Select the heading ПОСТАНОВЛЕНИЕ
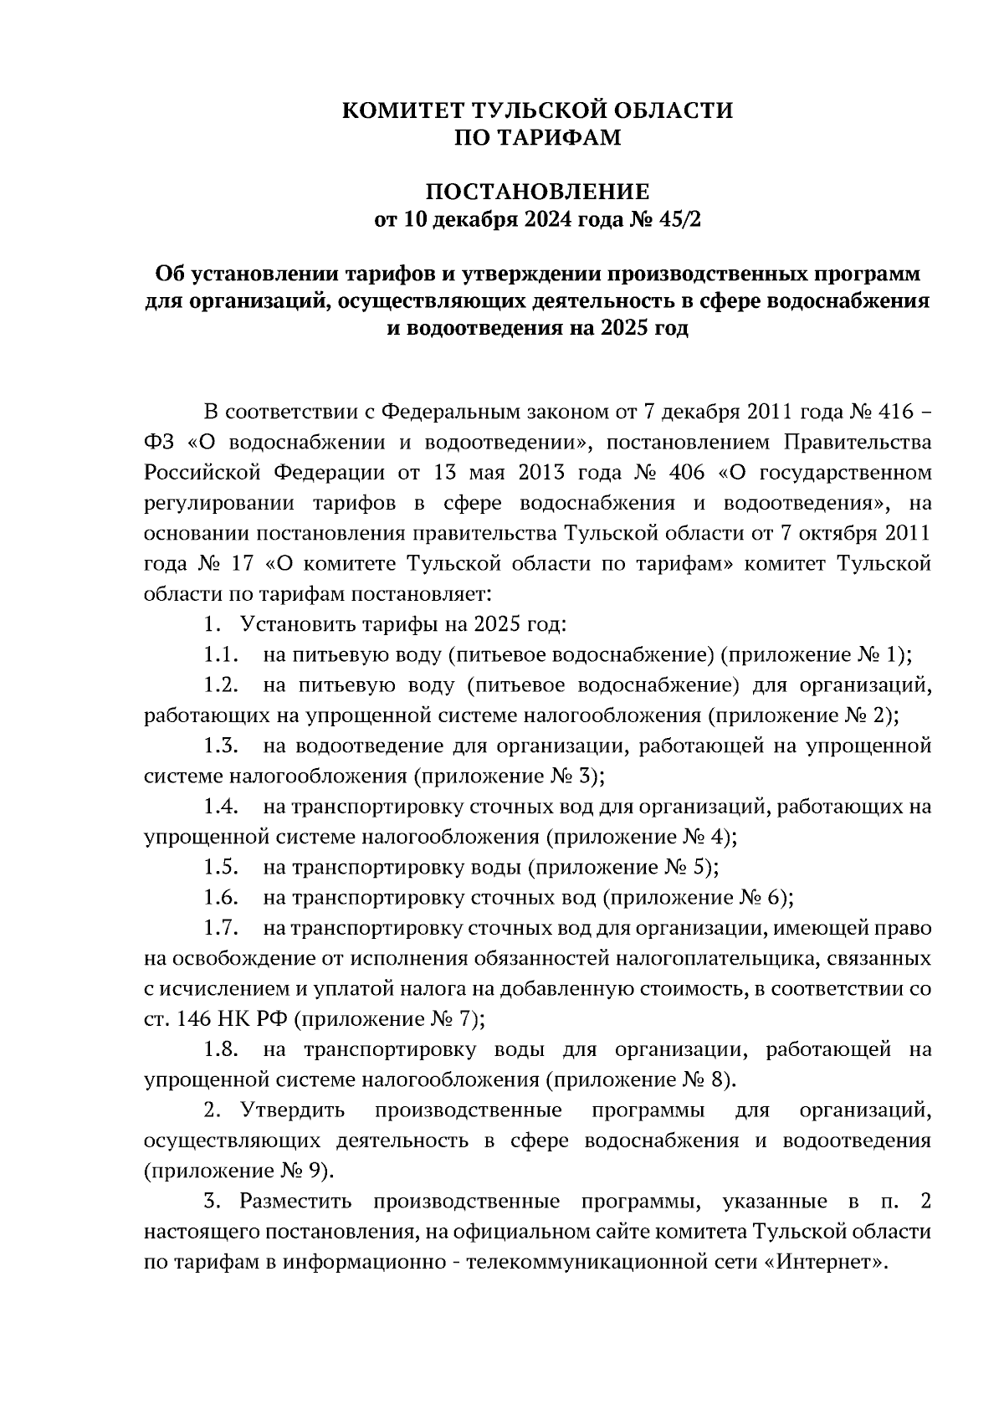coord(538,191)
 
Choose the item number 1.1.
coord(222,654)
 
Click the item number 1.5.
coord(222,867)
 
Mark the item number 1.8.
coord(222,1049)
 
